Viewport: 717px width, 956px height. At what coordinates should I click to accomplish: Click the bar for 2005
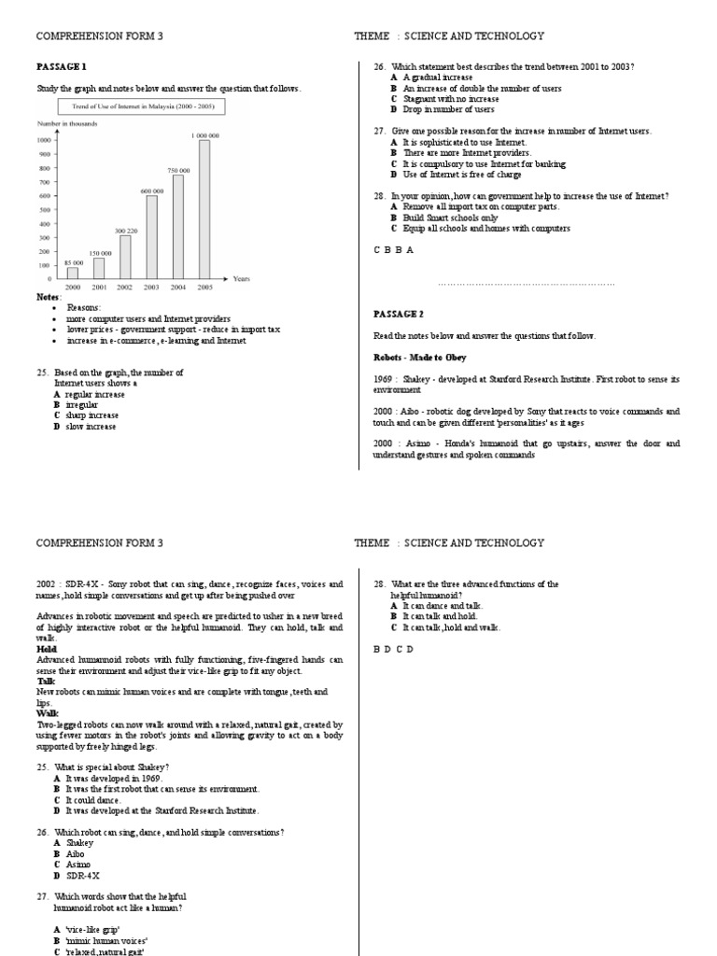[x=204, y=209]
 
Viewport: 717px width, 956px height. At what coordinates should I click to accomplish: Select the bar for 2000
[x=73, y=273]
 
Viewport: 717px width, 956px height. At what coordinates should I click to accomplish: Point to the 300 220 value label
[x=125, y=231]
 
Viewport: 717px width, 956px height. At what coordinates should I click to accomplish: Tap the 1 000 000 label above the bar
[x=204, y=135]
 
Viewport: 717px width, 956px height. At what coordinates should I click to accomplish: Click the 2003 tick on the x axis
[x=151, y=288]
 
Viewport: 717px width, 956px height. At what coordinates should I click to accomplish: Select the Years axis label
[x=241, y=279]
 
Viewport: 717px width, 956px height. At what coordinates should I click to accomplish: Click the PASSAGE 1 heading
[x=61, y=67]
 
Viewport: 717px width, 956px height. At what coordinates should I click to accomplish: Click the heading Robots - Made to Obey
[x=419, y=358]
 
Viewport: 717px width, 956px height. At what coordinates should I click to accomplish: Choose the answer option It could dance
[x=89, y=800]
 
